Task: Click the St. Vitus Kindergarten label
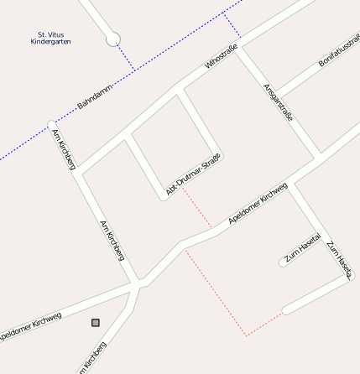pos(50,38)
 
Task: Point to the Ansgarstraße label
pos(278,102)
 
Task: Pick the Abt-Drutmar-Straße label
pos(194,175)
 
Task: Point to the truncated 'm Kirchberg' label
pos(94,358)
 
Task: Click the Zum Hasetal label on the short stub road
pos(302,248)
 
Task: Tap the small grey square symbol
pos(95,322)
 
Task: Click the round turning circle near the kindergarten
pos(113,39)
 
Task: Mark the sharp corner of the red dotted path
pos(247,335)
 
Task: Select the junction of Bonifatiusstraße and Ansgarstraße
pos(278,95)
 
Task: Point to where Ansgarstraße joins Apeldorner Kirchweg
pos(319,157)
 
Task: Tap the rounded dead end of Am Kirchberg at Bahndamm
pos(52,125)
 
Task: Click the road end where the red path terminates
pos(286,310)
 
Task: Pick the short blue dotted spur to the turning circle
pos(124,56)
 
